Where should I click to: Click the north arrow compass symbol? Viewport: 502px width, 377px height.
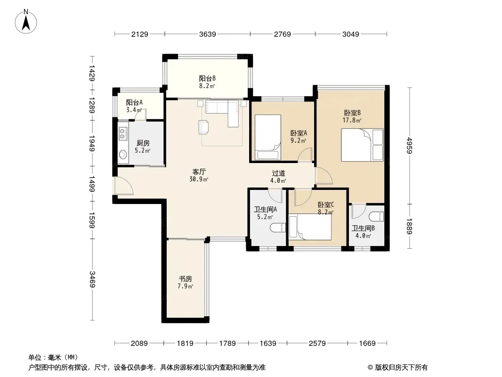click(26, 22)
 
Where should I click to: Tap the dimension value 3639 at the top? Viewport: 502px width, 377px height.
click(208, 34)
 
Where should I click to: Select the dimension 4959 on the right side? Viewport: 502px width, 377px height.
click(410, 146)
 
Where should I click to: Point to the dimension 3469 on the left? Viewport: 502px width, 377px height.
click(92, 279)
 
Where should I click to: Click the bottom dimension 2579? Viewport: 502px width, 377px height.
click(317, 344)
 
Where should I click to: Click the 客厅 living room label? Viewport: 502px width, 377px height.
click(199, 172)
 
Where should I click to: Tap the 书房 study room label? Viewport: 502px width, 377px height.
click(186, 279)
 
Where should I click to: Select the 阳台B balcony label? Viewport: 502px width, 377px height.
click(207, 79)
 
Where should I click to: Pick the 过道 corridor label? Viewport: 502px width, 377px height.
click(278, 173)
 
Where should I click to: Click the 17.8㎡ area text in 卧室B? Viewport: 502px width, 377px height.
click(352, 121)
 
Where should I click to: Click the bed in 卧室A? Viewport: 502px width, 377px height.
click(267, 137)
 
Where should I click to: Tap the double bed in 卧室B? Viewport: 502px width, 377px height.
click(362, 145)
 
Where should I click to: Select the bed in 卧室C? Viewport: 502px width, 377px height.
click(310, 228)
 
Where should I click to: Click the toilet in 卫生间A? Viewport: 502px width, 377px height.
click(278, 228)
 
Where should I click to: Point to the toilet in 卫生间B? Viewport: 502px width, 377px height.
click(376, 216)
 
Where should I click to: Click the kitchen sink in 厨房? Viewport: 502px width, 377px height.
click(122, 155)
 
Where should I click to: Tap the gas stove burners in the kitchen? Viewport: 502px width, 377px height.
click(122, 133)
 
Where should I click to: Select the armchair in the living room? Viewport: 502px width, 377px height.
click(203, 126)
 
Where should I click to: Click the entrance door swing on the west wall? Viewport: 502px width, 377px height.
click(124, 186)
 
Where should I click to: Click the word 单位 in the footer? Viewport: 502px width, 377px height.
click(35, 357)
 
